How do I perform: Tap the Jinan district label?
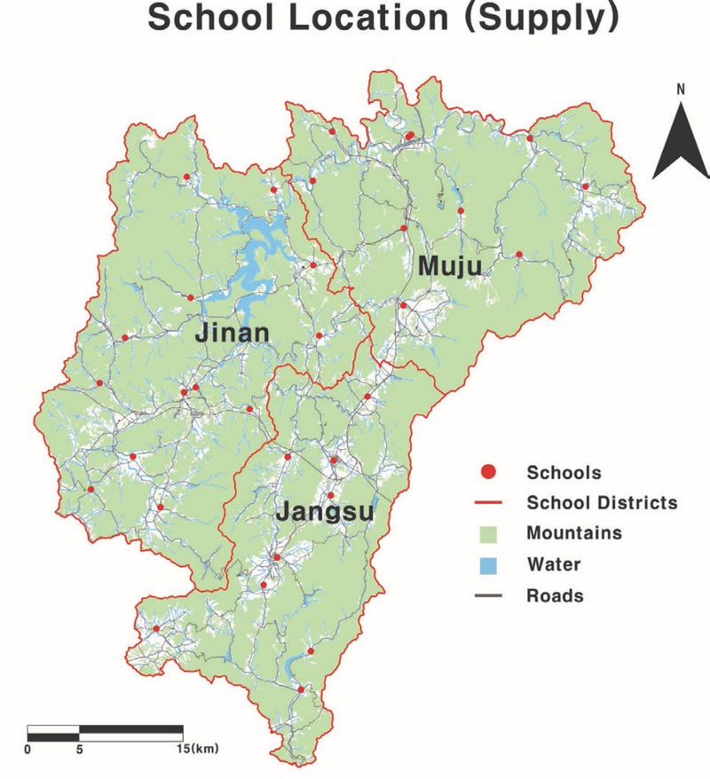click(231, 334)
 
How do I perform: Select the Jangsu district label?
click(323, 512)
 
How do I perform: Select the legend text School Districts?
click(602, 503)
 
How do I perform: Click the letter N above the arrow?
click(681, 89)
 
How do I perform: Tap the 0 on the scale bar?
click(28, 749)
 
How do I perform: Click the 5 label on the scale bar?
click(80, 749)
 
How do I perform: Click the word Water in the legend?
click(553, 564)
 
